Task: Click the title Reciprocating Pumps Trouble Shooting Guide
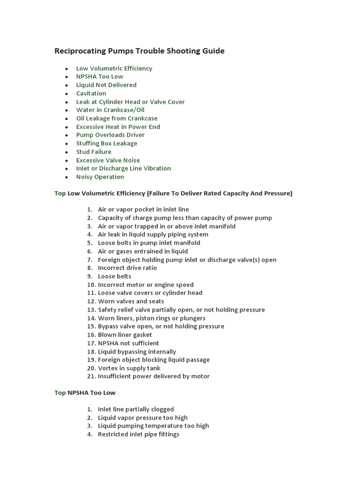click(139, 51)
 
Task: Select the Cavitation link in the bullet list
click(91, 93)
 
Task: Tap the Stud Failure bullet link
click(94, 152)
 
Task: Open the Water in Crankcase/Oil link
click(110, 110)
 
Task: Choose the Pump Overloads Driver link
click(110, 135)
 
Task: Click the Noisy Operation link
click(100, 177)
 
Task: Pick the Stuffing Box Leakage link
click(106, 143)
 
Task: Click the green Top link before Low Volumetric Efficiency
click(60, 193)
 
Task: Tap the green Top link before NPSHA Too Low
click(60, 392)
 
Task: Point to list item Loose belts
click(114, 276)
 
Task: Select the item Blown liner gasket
click(125, 335)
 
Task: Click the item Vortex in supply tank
click(129, 368)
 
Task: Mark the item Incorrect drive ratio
click(127, 268)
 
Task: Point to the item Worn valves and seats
click(131, 301)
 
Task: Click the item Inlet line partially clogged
click(135, 409)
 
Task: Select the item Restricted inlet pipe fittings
click(138, 434)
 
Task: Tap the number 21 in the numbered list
click(91, 376)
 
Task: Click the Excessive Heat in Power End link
click(118, 127)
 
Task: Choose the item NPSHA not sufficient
click(128, 343)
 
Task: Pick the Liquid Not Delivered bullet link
click(106, 85)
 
